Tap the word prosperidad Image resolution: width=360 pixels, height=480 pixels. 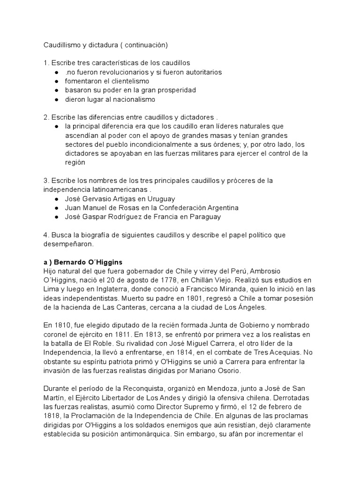pos(172,90)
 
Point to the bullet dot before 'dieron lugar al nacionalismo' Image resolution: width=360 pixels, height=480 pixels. pos(56,99)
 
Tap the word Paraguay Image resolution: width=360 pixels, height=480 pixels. pos(202,217)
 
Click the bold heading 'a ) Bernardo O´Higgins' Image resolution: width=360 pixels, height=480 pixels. pos(83,262)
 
